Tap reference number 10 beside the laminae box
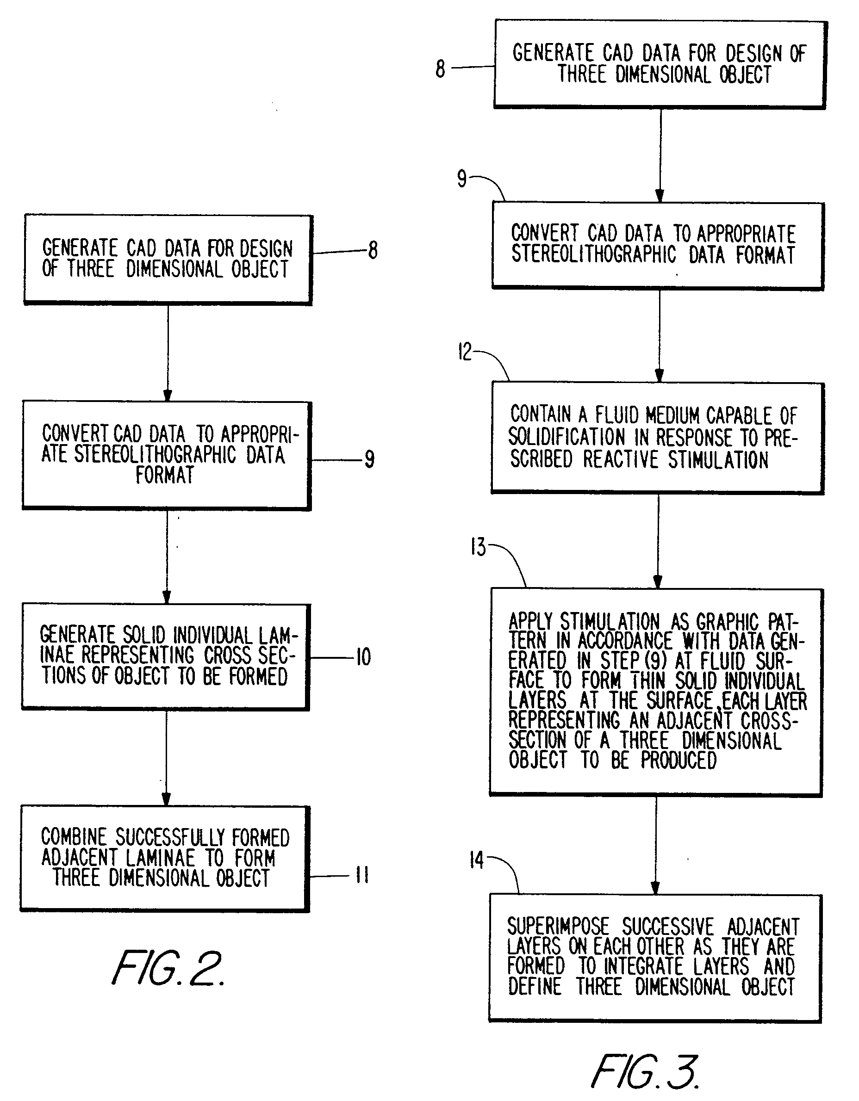pos(363,657)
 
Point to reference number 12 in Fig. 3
pos(465,352)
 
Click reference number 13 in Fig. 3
pos(478,547)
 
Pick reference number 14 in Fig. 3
pos(476,860)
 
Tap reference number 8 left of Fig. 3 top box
pos(440,69)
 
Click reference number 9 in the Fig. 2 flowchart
pos(370,459)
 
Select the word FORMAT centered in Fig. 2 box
pos(164,476)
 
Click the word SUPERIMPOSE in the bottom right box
pos(558,927)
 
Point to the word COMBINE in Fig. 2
pos(74,837)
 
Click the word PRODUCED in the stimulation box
pos(678,760)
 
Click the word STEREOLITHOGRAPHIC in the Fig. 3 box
pos(593,254)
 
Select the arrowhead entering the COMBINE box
pos(166,799)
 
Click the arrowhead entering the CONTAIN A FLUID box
pos(659,376)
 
